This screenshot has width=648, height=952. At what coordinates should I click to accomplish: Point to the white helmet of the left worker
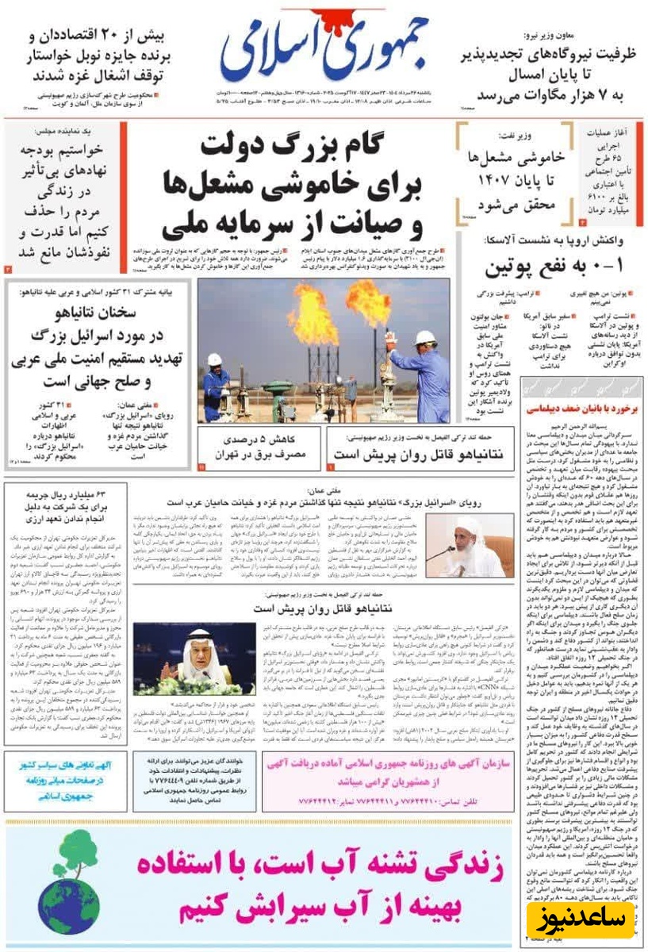214,359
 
